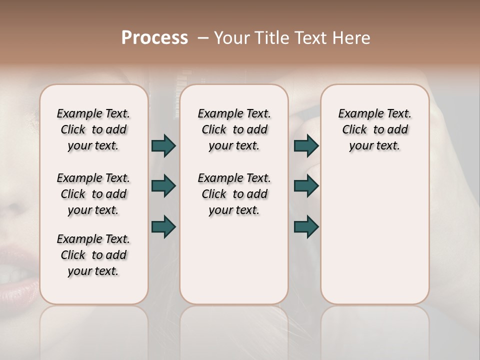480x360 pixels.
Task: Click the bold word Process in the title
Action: click(x=154, y=38)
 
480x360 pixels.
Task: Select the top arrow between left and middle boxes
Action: click(x=163, y=145)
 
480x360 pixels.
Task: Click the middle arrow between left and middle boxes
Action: click(x=163, y=186)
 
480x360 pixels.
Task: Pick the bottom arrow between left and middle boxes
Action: click(x=163, y=226)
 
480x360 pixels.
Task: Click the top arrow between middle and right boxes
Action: click(x=306, y=145)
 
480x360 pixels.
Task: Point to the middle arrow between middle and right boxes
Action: click(x=306, y=186)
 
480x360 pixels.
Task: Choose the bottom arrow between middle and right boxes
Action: click(x=306, y=226)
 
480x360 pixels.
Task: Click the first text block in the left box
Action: click(x=93, y=129)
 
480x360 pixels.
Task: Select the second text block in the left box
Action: click(x=93, y=194)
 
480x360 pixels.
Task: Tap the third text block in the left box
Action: click(x=93, y=255)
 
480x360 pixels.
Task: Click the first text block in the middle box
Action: click(x=234, y=129)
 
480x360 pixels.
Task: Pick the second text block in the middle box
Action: click(x=234, y=194)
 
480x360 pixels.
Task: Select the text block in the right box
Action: click(x=374, y=129)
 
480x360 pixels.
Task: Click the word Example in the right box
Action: click(x=358, y=114)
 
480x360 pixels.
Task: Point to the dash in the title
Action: click(x=203, y=38)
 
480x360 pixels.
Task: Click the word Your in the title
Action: click(x=230, y=38)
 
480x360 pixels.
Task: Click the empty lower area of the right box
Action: click(x=374, y=240)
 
